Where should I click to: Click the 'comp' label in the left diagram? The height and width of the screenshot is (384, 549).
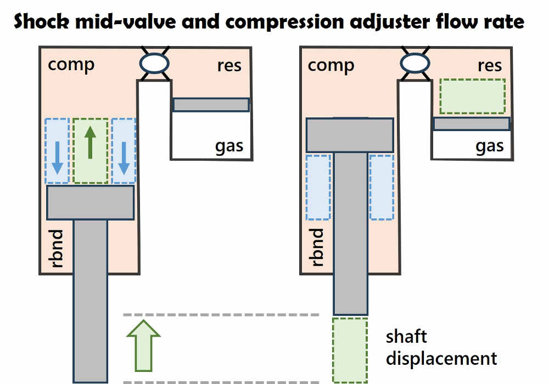coord(71,65)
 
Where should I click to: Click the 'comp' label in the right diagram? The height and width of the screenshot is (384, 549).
coord(331,65)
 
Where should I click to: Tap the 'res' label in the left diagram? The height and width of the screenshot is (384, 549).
coord(229,65)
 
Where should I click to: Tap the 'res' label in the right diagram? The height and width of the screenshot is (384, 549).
coord(490,65)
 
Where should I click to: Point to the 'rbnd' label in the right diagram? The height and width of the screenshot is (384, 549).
coord(317,247)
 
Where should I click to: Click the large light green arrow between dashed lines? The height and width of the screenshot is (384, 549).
coord(143,345)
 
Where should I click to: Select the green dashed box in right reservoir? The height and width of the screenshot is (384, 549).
coord(473,96)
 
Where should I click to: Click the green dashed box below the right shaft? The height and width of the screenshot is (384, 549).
coord(350,350)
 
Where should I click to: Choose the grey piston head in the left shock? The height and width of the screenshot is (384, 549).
coord(91,202)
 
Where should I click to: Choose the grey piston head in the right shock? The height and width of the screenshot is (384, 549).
coord(350,135)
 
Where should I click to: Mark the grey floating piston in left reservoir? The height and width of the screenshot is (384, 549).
coord(211,104)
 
